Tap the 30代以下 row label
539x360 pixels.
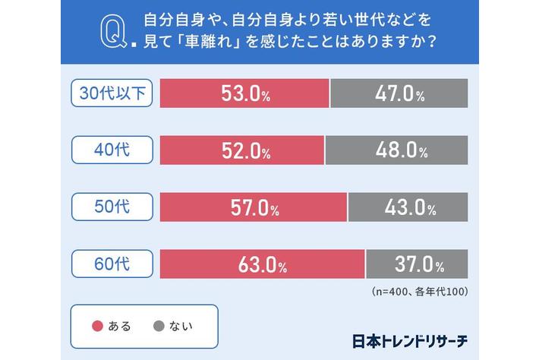(x=112, y=93)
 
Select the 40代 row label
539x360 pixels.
(x=112, y=149)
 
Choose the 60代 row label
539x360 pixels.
(x=112, y=264)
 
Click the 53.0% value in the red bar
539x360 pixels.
(x=245, y=93)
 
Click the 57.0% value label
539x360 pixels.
(x=254, y=207)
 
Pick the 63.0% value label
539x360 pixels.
(x=261, y=265)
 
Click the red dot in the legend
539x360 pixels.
(x=96, y=327)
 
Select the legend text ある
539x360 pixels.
(x=120, y=327)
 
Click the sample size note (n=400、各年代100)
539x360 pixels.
(x=419, y=291)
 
